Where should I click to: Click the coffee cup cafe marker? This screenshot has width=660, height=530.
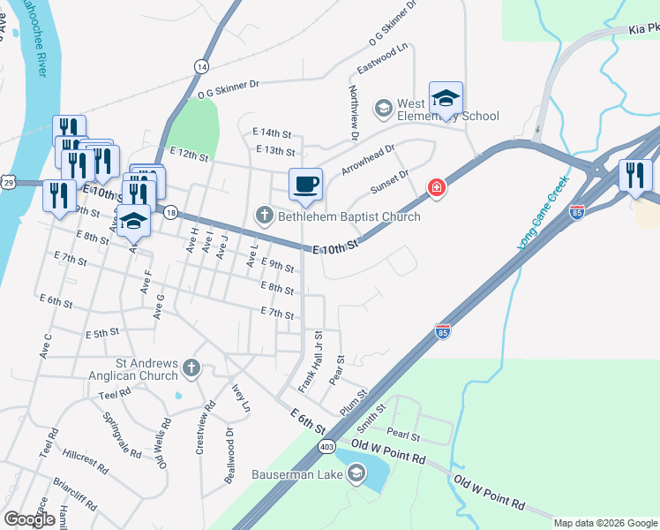click(x=305, y=184)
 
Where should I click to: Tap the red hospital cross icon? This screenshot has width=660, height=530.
click(x=436, y=187)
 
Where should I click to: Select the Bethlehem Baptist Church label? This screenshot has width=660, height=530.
click(x=348, y=216)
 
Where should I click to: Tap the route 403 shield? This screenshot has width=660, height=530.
click(x=326, y=447)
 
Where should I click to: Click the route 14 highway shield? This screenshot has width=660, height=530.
click(x=202, y=67)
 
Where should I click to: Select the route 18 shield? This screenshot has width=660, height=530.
click(x=171, y=213)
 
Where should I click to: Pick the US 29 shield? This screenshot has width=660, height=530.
click(x=8, y=182)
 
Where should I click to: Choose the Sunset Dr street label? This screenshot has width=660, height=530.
click(x=390, y=183)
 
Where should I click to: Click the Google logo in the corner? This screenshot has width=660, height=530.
click(x=29, y=519)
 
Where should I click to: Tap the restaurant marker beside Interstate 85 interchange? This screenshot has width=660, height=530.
click(x=634, y=175)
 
